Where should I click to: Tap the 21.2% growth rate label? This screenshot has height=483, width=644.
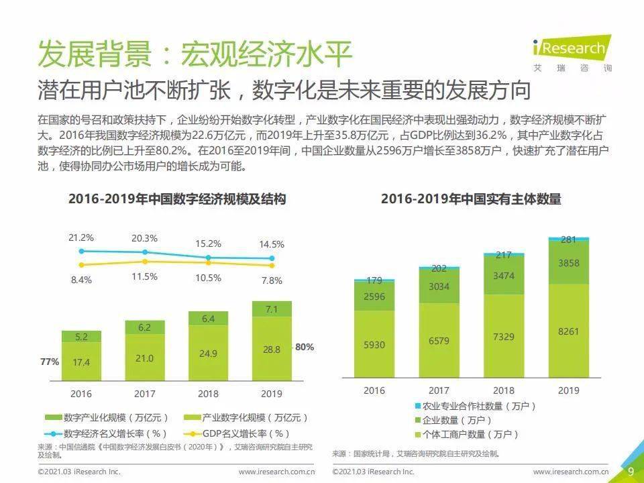point(81,237)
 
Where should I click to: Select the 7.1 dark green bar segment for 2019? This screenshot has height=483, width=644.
point(272,309)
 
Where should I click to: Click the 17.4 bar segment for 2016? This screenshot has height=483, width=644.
point(81,361)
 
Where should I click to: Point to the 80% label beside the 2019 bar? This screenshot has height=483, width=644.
point(305,347)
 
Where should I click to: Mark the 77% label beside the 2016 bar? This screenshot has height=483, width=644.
point(50,362)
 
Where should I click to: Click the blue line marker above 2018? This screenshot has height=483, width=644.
point(208,258)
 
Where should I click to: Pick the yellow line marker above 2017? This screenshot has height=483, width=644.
point(145,261)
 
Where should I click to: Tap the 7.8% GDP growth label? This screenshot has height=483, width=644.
point(272,280)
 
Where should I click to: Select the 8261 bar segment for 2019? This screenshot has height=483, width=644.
point(569,331)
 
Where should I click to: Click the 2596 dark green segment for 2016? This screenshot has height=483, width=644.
point(374,296)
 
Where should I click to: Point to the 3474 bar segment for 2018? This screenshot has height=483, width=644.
point(504,275)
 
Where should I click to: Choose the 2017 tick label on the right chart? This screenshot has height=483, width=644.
point(439,390)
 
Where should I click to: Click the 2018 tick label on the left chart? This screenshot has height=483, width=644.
point(208,394)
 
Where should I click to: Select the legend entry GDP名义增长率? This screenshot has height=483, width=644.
point(237,434)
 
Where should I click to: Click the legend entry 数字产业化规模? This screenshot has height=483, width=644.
point(107,418)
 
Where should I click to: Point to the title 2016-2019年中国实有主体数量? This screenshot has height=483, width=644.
point(471,199)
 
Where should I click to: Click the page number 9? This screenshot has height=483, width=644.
point(631,472)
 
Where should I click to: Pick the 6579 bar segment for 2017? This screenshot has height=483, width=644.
point(439,341)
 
